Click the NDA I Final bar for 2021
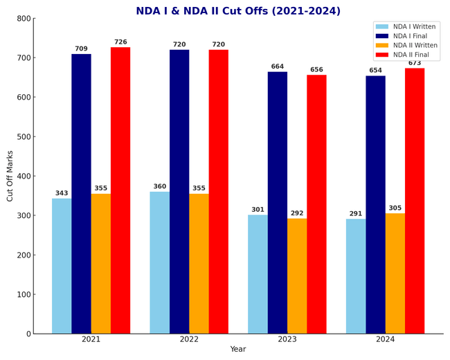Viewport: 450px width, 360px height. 81,194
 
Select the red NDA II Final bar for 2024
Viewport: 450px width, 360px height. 415,201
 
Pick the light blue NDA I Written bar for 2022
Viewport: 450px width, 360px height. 160,262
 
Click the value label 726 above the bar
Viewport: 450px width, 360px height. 120,42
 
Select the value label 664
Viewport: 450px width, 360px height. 278,67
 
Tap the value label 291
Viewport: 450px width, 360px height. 356,214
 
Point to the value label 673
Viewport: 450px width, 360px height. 415,63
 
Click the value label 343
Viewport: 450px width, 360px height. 62,194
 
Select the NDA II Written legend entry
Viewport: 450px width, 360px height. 413,46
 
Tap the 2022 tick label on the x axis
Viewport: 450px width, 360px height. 189,339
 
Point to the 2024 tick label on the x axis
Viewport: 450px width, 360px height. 386,339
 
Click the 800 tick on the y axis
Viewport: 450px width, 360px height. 24,19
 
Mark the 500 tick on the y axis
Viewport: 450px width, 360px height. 24,137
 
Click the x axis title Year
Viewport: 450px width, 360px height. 238,350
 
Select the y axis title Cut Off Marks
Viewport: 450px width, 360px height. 10,176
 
